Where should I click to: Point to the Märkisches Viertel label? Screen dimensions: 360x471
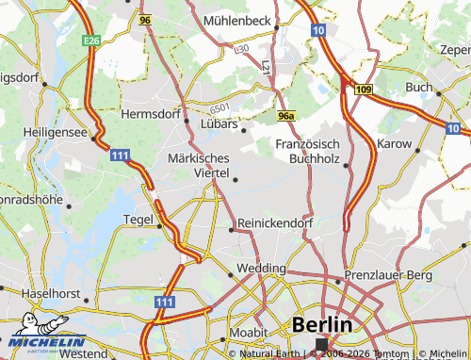click(198, 165)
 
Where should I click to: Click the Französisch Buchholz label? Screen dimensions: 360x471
click(307, 151)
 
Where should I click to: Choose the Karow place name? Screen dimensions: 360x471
click(395, 144)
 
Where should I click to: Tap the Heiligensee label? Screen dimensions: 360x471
click(56, 133)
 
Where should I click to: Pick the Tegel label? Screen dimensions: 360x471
click(139, 220)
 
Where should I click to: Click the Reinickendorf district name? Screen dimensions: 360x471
click(275, 222)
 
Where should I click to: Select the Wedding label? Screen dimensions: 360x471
click(260, 268)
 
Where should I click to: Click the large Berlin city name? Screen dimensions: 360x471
click(323, 324)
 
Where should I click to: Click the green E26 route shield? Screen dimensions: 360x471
click(91, 41)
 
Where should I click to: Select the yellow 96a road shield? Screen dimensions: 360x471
click(287, 115)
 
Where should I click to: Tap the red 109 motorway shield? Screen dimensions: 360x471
click(363, 90)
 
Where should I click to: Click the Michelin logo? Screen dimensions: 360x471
click(43, 340)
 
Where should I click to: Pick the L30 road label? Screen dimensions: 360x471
click(241, 47)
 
